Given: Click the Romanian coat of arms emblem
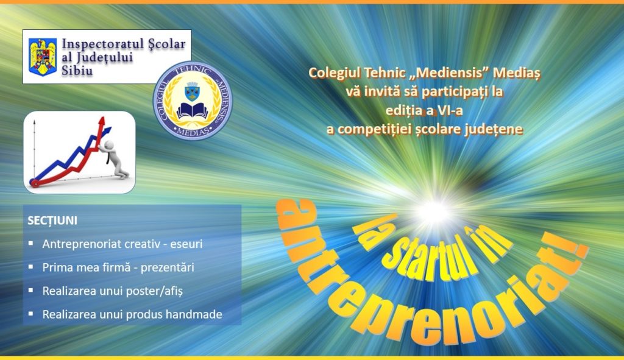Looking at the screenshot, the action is (x=43, y=57).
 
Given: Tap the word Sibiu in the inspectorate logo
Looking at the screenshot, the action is (x=77, y=71).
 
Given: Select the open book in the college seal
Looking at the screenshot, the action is (x=193, y=111).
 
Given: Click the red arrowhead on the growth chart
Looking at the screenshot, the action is (x=102, y=122).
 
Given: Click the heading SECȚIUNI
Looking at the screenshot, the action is (x=52, y=221).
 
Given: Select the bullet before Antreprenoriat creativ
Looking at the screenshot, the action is (x=30, y=242).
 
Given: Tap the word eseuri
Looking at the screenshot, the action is (x=186, y=244).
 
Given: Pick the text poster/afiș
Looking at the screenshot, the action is (x=154, y=291).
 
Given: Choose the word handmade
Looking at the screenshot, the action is (x=194, y=314).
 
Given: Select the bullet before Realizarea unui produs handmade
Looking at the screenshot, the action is (x=30, y=314).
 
